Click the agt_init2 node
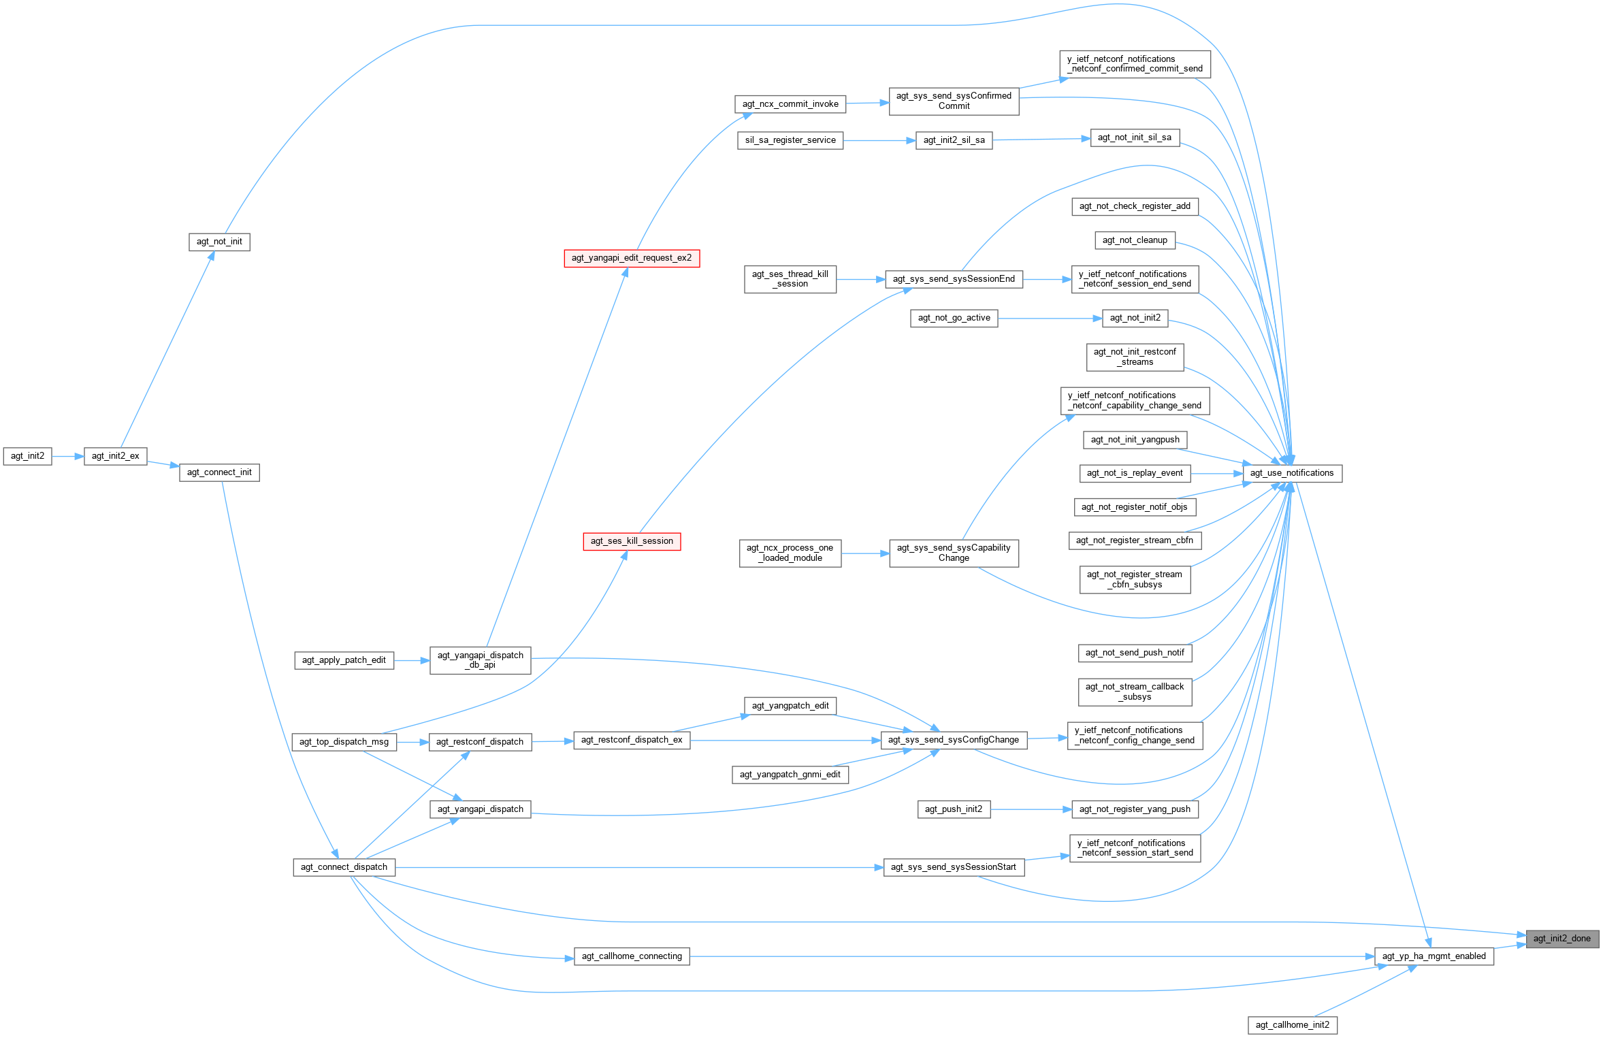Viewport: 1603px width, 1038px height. point(27,456)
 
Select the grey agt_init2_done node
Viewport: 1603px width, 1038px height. point(1561,939)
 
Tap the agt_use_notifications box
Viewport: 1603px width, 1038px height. point(1291,473)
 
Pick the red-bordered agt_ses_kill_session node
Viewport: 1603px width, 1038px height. point(632,541)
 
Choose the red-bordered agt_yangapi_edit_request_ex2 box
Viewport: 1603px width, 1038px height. point(631,258)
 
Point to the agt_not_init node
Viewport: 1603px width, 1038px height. point(219,242)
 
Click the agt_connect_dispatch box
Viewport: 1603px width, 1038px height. point(344,867)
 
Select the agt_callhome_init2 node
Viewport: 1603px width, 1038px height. point(1292,1025)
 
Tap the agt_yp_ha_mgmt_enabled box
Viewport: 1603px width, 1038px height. point(1434,956)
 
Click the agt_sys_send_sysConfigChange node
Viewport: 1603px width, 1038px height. point(953,740)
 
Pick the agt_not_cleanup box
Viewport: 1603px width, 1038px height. point(1134,240)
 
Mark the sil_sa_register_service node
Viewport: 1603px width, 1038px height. point(790,140)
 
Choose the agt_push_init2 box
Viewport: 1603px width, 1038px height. point(953,809)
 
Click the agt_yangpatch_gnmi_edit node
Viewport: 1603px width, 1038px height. point(790,775)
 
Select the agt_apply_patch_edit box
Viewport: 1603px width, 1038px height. point(344,660)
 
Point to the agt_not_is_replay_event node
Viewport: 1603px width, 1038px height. point(1134,473)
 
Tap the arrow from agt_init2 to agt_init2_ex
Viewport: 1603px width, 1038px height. point(67,456)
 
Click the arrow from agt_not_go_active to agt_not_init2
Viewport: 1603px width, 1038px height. point(1050,318)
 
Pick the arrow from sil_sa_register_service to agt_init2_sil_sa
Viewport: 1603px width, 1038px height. point(879,140)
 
